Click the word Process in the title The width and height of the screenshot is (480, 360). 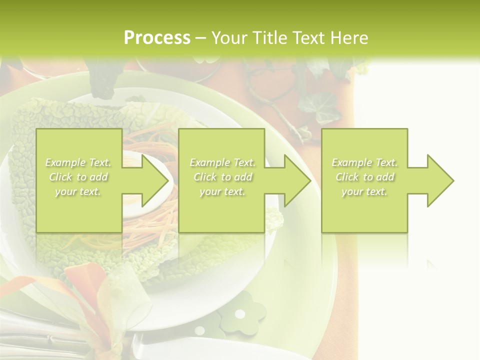(x=157, y=38)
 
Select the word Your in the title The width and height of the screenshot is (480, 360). (x=228, y=38)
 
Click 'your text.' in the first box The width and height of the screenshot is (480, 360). (x=78, y=191)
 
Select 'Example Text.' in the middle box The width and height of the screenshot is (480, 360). (x=222, y=162)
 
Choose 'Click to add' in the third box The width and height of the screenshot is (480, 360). (x=365, y=177)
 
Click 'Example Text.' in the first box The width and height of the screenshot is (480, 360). (x=78, y=162)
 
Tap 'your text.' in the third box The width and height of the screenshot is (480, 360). (x=364, y=191)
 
